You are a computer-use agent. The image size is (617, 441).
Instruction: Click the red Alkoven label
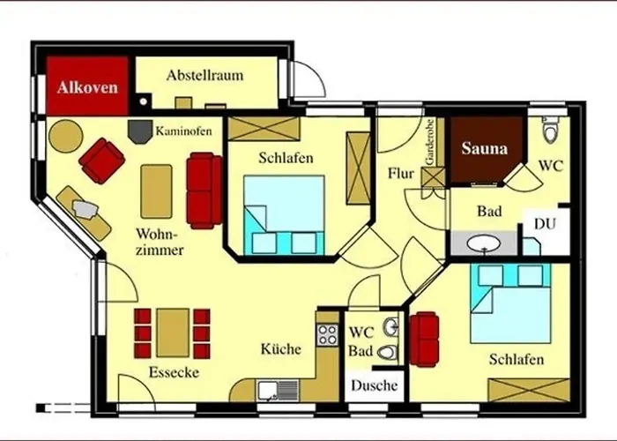point(83,87)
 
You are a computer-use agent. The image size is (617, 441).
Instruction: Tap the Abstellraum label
point(204,76)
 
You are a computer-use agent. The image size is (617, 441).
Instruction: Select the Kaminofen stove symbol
point(139,131)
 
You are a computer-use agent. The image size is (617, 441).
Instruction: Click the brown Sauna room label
point(485,149)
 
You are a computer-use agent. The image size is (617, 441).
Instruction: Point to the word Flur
point(401,174)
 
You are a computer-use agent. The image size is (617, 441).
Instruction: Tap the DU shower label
point(545,223)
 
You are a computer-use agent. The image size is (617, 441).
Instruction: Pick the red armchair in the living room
point(102,161)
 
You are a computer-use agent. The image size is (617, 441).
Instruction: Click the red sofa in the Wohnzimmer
point(204,190)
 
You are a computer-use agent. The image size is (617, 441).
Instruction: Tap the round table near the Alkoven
point(65,136)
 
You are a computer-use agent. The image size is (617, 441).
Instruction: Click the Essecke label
point(174,372)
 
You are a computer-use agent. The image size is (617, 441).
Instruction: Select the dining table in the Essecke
point(173,333)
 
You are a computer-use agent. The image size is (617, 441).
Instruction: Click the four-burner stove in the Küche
point(328,334)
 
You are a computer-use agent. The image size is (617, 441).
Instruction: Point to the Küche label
point(280,349)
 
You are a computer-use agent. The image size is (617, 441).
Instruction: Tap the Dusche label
point(374,385)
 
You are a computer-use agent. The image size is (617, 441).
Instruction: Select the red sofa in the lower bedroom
point(426,340)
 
